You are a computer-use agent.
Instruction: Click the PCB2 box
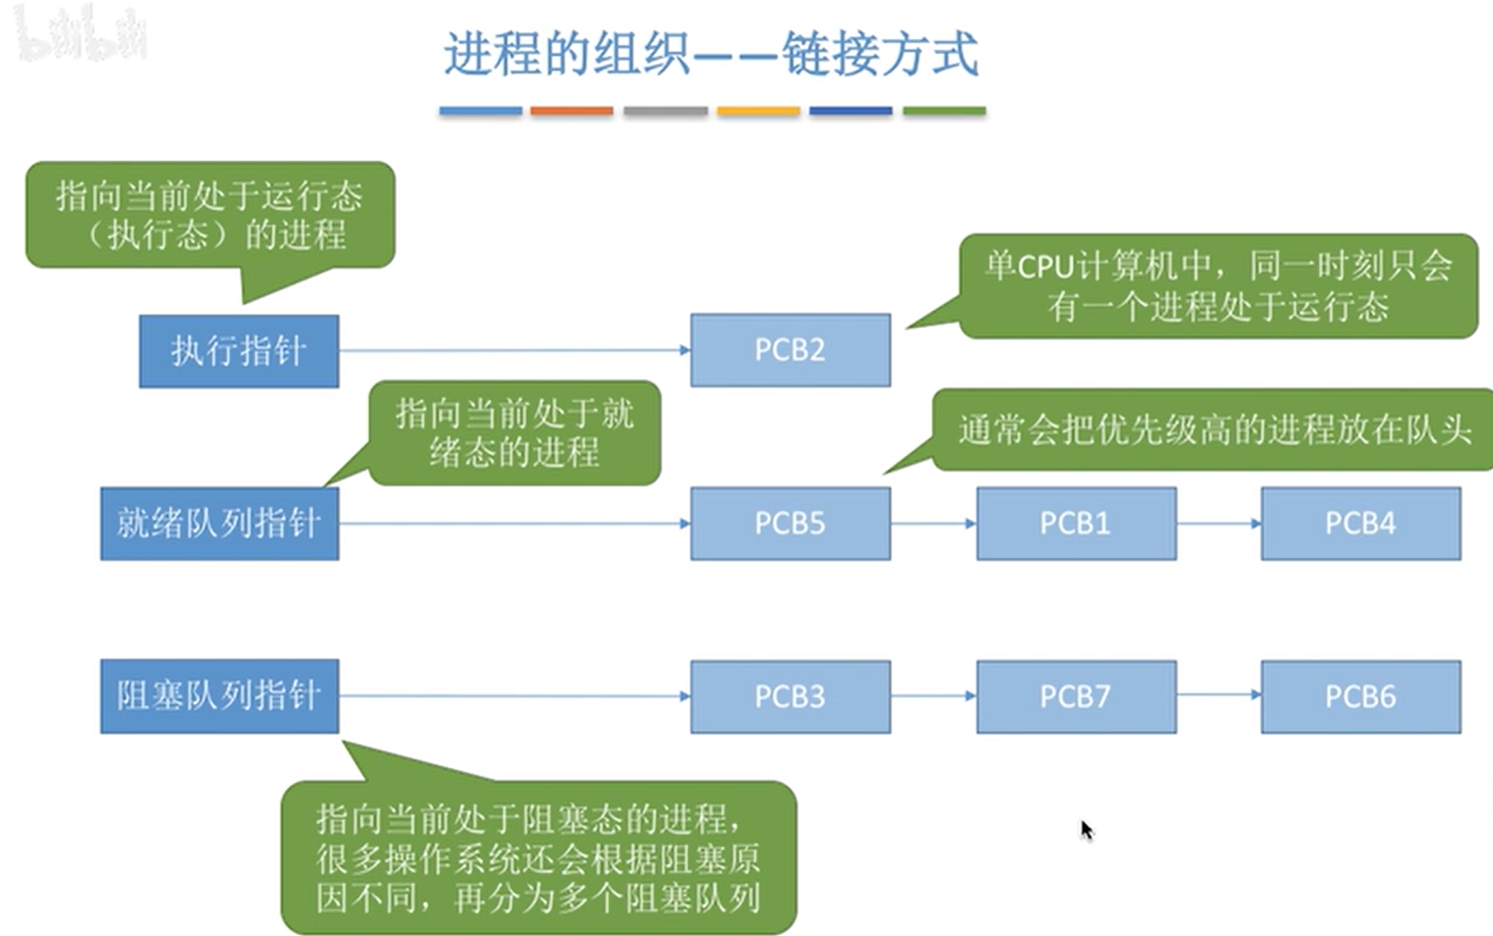click(790, 350)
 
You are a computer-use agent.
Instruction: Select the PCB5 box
click(790, 524)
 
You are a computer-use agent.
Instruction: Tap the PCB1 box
click(1076, 524)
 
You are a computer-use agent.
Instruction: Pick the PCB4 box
click(1360, 524)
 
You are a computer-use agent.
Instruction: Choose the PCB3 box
click(790, 697)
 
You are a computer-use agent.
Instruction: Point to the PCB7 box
click(1076, 697)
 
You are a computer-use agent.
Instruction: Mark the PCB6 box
click(1360, 697)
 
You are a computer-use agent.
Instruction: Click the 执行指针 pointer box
click(239, 351)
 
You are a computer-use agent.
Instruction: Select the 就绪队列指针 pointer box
click(220, 524)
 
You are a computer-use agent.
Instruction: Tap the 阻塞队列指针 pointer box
click(220, 697)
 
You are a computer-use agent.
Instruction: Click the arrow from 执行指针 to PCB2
click(513, 351)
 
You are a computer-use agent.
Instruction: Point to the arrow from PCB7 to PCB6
click(1218, 696)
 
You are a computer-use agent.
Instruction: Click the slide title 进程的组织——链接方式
click(711, 53)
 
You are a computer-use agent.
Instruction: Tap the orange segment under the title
click(571, 111)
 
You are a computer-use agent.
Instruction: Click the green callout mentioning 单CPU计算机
click(1218, 286)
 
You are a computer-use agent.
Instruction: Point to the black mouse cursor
click(1086, 829)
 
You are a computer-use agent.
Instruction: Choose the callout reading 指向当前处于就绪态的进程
click(514, 433)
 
